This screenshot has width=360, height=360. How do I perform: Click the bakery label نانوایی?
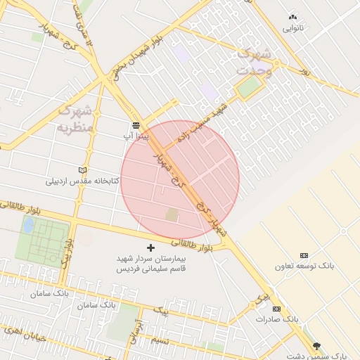click(293, 29)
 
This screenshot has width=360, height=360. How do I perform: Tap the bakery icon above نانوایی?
click(293, 16)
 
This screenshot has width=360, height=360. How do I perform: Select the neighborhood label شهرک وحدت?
click(254, 61)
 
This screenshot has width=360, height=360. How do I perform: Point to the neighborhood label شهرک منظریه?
click(75, 120)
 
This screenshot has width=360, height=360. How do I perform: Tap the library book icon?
click(83, 169)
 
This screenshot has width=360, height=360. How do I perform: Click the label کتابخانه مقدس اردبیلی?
click(83, 181)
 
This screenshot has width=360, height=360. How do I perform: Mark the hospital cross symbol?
click(150, 247)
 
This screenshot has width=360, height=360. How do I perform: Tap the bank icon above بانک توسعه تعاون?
click(304, 255)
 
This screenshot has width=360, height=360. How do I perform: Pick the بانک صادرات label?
click(277, 319)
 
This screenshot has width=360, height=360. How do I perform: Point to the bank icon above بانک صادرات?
click(276, 309)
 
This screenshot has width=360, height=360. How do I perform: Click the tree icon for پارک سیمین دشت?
click(316, 345)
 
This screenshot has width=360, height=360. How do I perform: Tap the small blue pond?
click(28, 225)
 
